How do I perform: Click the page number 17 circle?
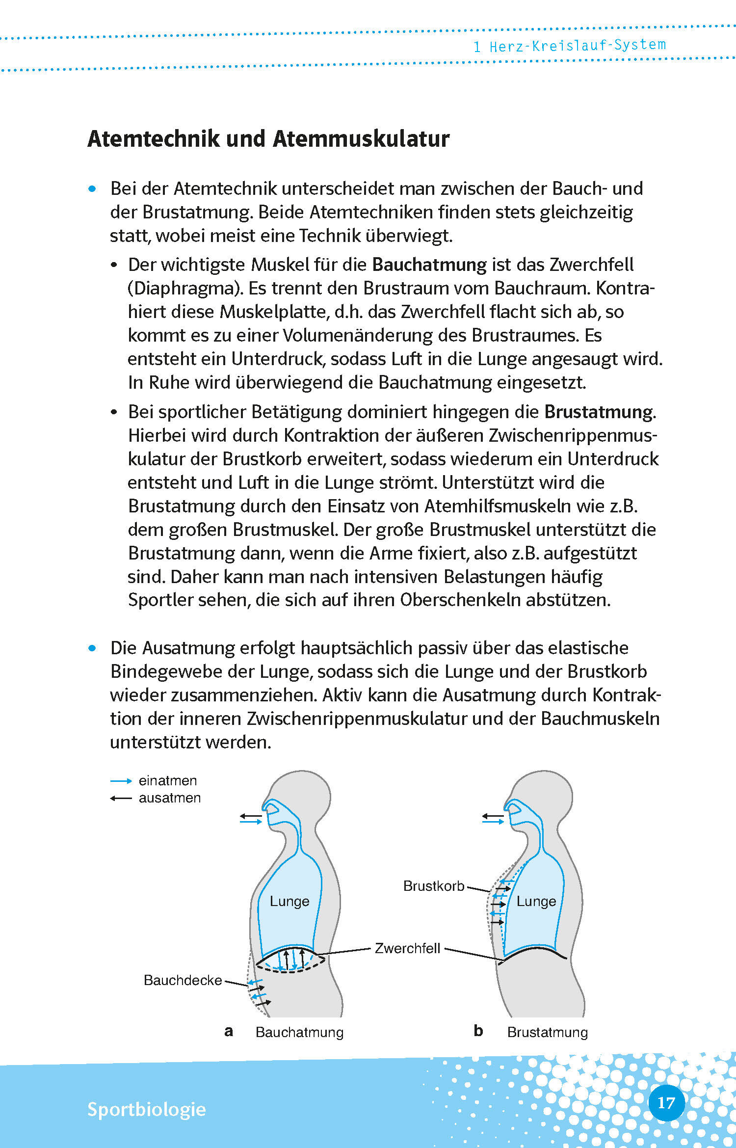click(x=666, y=1103)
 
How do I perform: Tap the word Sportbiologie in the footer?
click(x=146, y=1109)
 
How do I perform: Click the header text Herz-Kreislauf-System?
click(x=578, y=46)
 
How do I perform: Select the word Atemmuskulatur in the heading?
click(x=361, y=139)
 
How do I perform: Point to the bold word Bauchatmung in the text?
click(x=429, y=265)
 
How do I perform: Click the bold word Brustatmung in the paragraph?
click(x=599, y=412)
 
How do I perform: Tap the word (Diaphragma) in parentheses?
click(x=185, y=288)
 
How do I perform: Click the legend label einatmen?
click(x=168, y=780)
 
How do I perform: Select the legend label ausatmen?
click(x=170, y=798)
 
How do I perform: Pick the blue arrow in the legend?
click(x=121, y=781)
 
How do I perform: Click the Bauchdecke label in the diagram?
click(x=183, y=980)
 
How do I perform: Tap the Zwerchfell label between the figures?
click(x=407, y=948)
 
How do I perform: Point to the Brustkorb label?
click(x=434, y=886)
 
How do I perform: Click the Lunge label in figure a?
click(x=289, y=901)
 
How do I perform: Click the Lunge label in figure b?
click(x=536, y=901)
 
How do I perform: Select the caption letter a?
click(x=229, y=1031)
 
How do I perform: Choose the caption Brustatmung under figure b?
click(x=548, y=1032)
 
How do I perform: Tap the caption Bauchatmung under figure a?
click(x=299, y=1032)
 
